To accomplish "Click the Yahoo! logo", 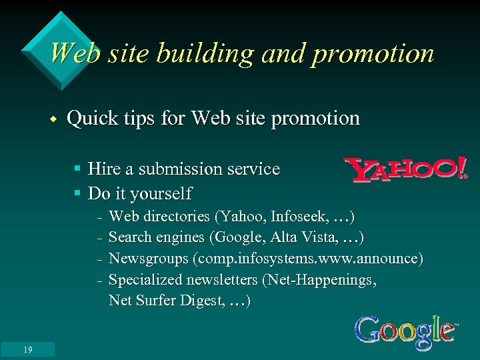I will click(x=405, y=170).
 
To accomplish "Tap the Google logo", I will click(x=405, y=331).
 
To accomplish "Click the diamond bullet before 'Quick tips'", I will click(x=51, y=120).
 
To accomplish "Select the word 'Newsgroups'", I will click(x=147, y=258).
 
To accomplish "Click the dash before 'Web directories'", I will click(x=98, y=218).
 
